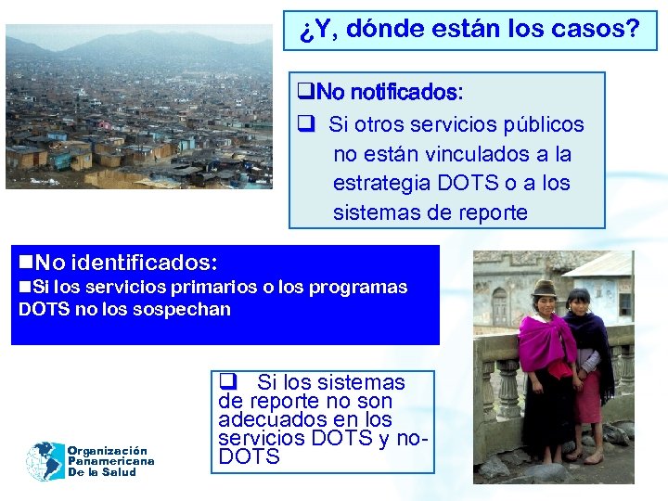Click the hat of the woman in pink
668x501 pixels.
click(544, 288)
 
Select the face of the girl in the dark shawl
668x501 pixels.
click(579, 302)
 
